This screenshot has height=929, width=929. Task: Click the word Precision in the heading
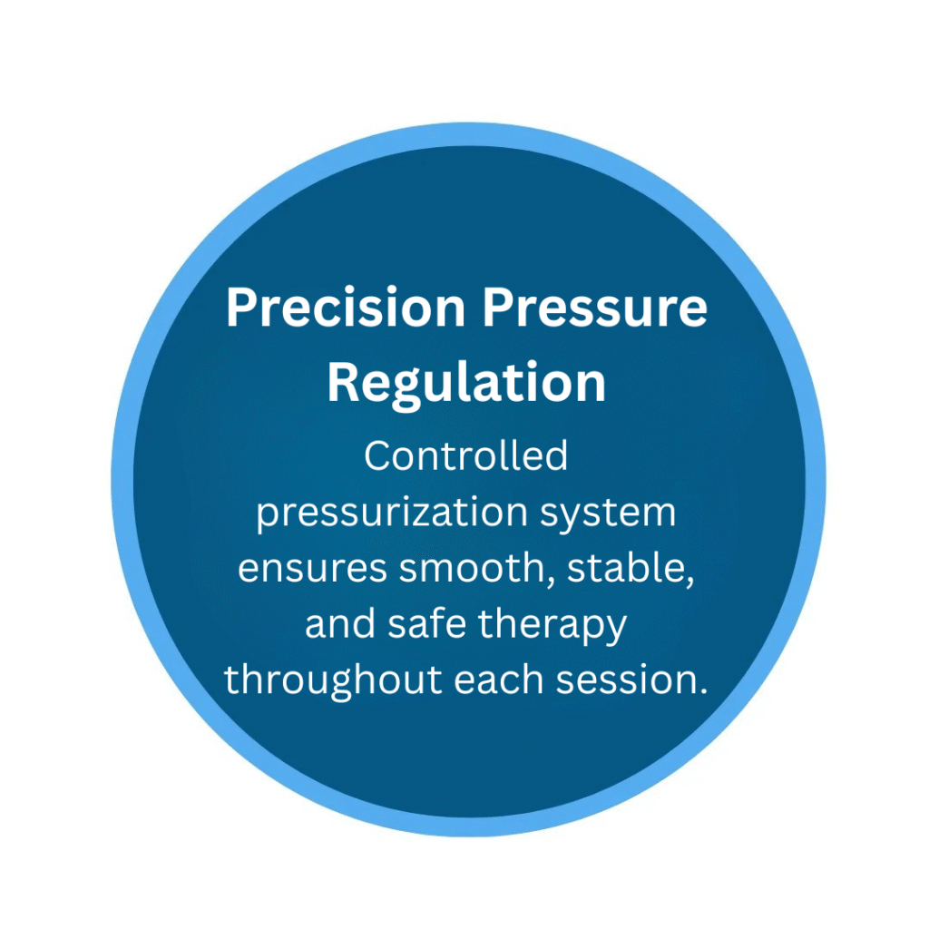click(x=346, y=308)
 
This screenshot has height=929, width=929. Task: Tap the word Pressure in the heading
click(x=595, y=308)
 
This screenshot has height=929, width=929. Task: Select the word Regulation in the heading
click(x=466, y=384)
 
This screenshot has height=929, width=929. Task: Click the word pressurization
click(x=392, y=513)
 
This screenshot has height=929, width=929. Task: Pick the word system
click(x=607, y=514)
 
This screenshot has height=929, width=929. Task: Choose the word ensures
click(x=312, y=568)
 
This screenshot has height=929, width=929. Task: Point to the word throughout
click(x=333, y=680)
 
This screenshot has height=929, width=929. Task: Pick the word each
click(x=498, y=679)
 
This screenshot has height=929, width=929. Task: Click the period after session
click(x=703, y=691)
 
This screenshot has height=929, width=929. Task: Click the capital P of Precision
click(x=241, y=307)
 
